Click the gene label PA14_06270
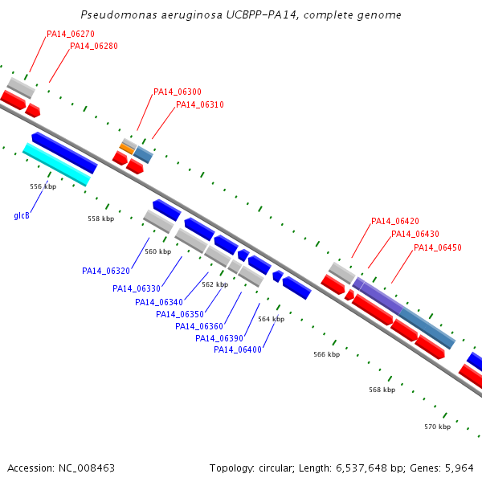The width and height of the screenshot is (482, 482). coord(71,34)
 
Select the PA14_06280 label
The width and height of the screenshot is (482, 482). coord(94,46)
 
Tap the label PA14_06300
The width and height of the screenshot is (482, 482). coord(178,92)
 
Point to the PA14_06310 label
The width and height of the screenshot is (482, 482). coord(200,104)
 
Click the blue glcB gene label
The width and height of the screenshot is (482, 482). coord(22,215)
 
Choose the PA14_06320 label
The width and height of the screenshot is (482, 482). coord(106,271)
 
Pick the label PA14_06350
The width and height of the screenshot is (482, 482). coord(180,314)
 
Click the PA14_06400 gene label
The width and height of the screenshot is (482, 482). coord(238,349)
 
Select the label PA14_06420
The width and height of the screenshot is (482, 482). coord(395,221)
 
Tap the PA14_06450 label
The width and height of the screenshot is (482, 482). coord(438,247)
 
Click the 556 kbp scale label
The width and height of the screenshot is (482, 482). coord(43,186)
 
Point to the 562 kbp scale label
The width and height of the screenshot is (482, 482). coord(214,284)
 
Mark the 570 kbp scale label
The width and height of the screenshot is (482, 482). coord(438,427)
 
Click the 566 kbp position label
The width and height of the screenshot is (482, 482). coord(326,354)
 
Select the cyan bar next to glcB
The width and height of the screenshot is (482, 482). coord(57,165)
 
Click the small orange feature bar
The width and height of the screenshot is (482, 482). coord(127,149)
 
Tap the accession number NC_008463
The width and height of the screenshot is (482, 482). coord(87,468)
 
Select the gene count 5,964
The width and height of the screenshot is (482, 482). coord(459,468)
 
